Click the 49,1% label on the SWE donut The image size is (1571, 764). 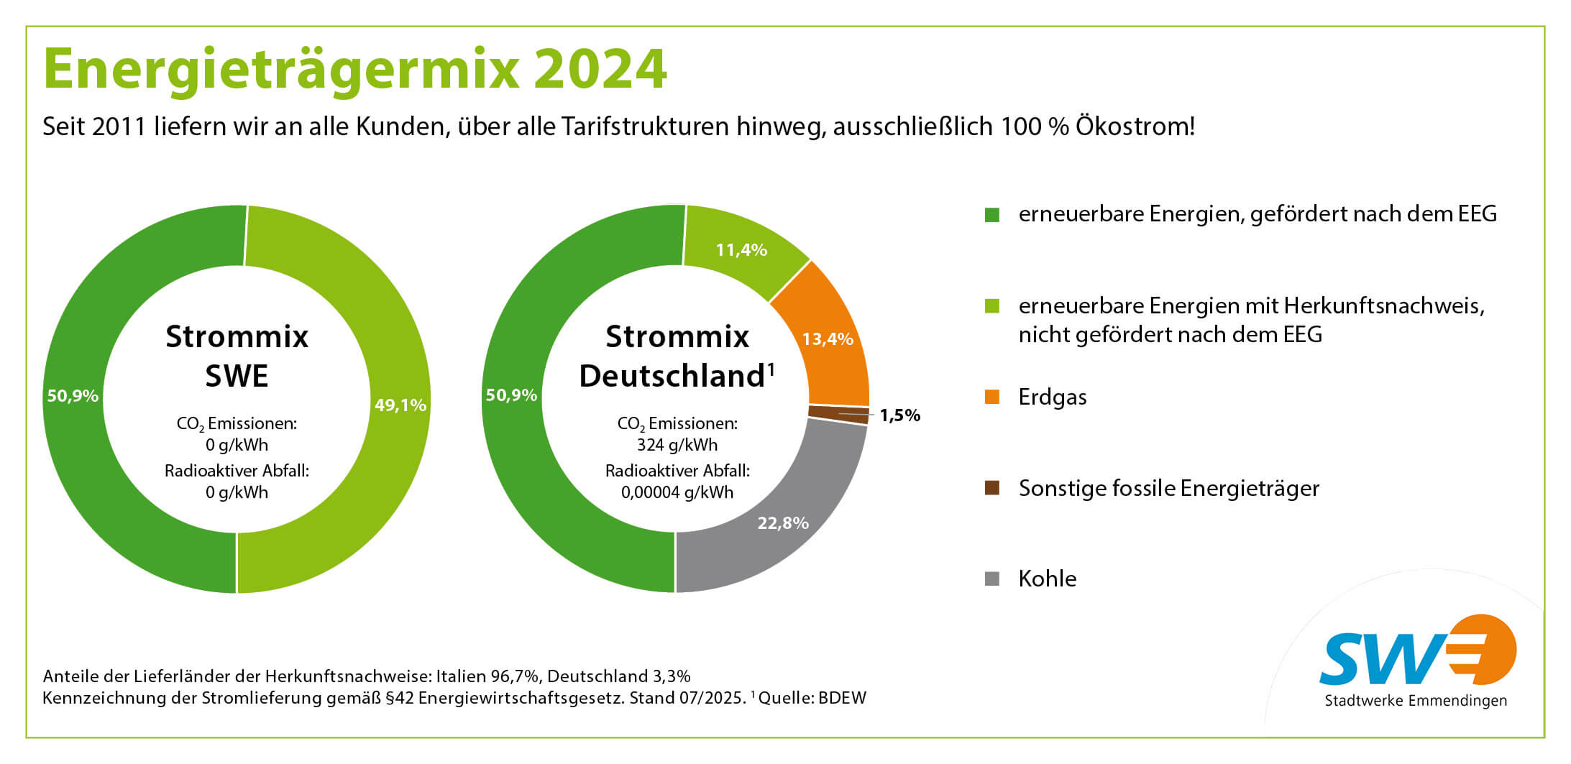pos(400,405)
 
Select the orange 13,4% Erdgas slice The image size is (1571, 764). pos(827,339)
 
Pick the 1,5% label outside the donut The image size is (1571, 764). pos(899,415)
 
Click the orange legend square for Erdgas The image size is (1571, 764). pos(991,397)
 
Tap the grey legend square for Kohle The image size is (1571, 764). pos(991,579)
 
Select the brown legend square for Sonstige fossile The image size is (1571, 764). pos(991,488)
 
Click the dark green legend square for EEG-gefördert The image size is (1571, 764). pos(991,214)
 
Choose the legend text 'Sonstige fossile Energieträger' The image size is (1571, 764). pos(1168,489)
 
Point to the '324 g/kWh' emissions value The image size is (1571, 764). pos(677,445)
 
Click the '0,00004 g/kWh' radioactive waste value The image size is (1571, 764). pos(677,492)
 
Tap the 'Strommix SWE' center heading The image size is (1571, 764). pos(237,356)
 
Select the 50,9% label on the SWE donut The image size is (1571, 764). pos(73,396)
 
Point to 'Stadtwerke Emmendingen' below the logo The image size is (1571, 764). pos(1416,701)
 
